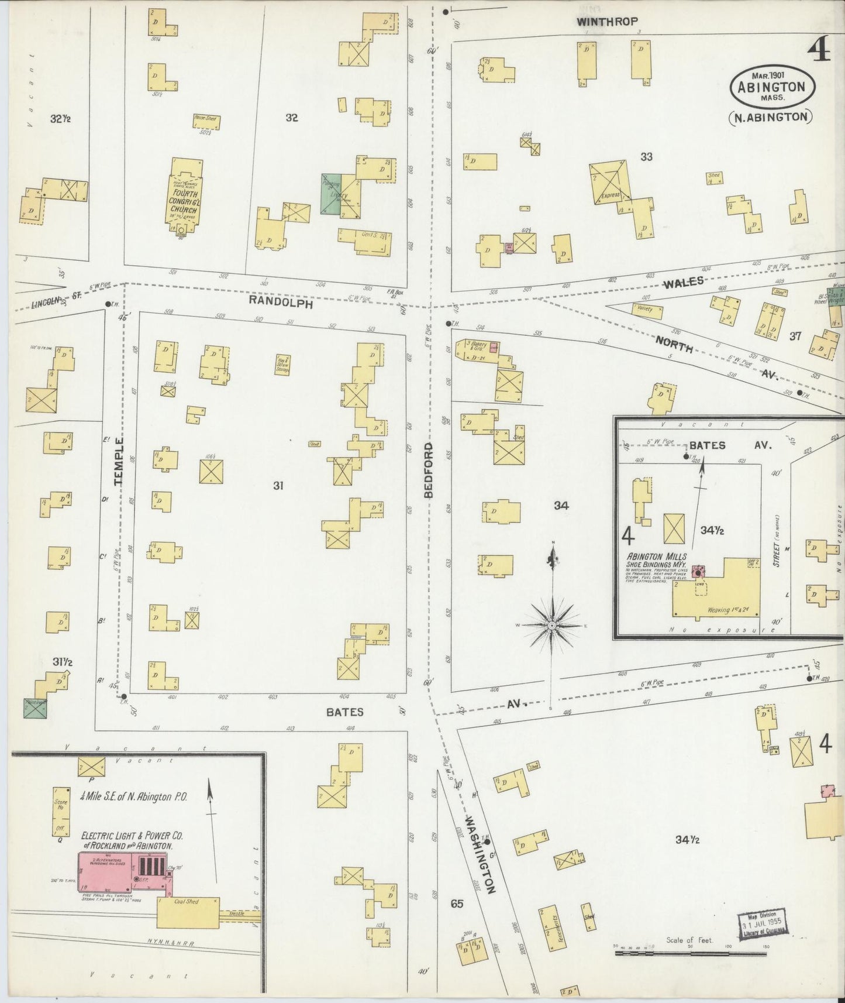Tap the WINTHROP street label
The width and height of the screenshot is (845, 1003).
click(x=606, y=22)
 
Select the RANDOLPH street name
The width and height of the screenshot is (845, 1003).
click(x=280, y=304)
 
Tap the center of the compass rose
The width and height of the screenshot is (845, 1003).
click(x=551, y=626)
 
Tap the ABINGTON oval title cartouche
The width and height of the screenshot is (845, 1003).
click(x=771, y=87)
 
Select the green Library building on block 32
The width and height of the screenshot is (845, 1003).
click(x=331, y=194)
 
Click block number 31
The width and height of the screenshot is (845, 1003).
click(x=278, y=485)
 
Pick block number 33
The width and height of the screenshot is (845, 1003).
click(x=646, y=156)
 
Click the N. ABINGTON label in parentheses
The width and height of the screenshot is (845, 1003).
click(x=771, y=116)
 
